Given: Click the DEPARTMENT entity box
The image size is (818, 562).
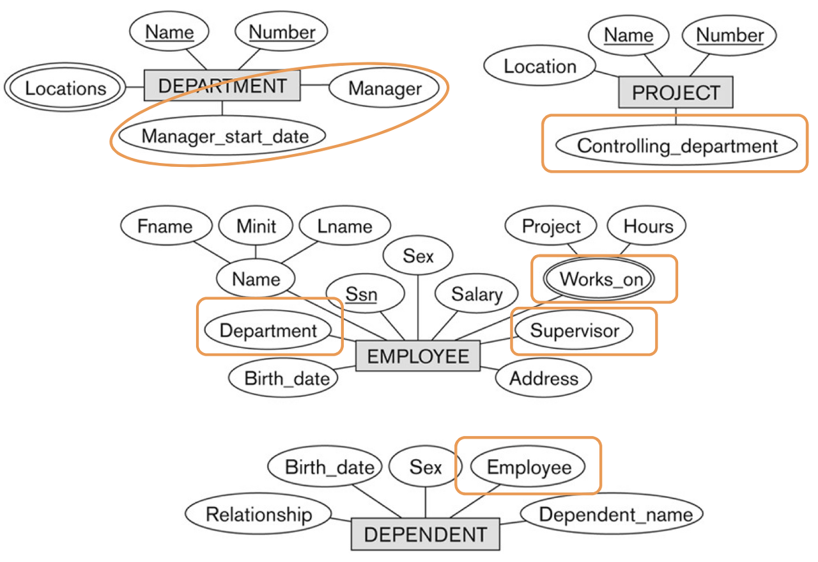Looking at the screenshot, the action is click(x=222, y=86).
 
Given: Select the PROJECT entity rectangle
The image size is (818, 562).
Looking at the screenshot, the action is click(x=675, y=93).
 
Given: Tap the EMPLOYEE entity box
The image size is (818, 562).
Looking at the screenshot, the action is click(x=418, y=356).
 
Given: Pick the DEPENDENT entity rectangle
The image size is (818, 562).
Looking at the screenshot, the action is click(x=426, y=534).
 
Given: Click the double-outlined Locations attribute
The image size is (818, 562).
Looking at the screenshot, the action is click(x=66, y=88).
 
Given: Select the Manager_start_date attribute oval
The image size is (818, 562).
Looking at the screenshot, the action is click(x=225, y=136).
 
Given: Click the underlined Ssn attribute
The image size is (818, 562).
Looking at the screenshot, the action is click(x=362, y=295).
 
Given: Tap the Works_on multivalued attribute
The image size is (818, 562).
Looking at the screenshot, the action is click(x=601, y=279).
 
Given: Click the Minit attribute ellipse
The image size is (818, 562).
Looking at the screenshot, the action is click(x=256, y=226).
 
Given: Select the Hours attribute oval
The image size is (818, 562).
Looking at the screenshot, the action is click(x=648, y=226).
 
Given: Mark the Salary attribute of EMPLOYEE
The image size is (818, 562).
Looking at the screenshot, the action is click(x=477, y=294).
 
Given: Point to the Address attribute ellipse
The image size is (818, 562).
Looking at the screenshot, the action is click(x=544, y=379).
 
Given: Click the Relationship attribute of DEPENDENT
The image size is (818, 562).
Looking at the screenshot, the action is click(x=259, y=515).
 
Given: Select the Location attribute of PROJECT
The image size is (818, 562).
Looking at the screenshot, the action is click(x=540, y=66).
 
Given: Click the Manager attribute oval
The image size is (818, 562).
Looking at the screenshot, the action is click(x=385, y=88).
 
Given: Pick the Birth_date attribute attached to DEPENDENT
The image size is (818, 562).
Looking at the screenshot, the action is click(x=329, y=467).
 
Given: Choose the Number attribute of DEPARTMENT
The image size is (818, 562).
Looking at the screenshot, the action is click(x=282, y=32).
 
